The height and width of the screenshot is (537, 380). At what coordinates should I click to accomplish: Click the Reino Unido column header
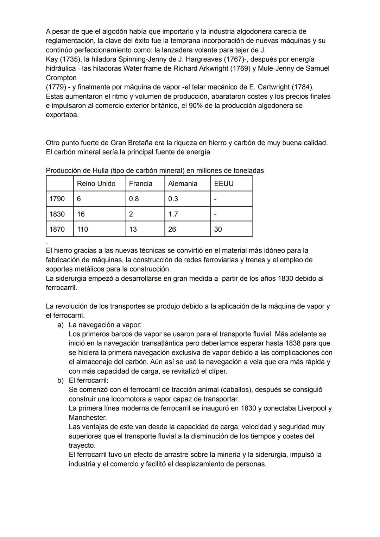96,183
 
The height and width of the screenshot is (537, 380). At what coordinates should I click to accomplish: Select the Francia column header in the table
140,183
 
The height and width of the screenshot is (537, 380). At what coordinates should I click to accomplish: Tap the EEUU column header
224,183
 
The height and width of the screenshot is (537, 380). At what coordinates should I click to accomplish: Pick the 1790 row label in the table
57,199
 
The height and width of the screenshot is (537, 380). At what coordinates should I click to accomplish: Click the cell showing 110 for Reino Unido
82,229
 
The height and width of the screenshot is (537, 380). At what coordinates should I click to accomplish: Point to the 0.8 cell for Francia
134,199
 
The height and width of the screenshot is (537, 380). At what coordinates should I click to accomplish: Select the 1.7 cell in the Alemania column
173,214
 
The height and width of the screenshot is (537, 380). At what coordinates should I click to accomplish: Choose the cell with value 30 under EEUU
218,229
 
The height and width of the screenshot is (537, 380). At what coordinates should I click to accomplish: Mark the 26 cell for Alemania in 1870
172,229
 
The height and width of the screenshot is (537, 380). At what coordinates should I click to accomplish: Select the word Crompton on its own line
61,78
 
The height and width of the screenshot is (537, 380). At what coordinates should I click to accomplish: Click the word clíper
218,371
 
